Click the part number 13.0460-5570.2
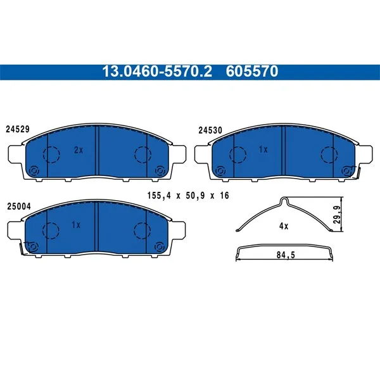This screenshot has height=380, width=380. pyautogui.click(x=157, y=72)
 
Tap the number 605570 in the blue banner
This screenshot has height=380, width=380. pyautogui.click(x=252, y=72)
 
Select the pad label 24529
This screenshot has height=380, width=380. pyautogui.click(x=18, y=129)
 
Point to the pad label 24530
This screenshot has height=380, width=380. pyautogui.click(x=210, y=130)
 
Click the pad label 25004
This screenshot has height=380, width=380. pyautogui.click(x=19, y=206)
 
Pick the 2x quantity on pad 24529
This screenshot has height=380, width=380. pyautogui.click(x=79, y=150)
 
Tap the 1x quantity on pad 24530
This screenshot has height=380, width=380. pyautogui.click(x=263, y=149)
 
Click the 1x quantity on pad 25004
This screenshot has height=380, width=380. pyautogui.click(x=76, y=225)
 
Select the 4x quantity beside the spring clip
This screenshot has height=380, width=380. pyautogui.click(x=284, y=226)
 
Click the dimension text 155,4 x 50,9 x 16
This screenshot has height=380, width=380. pyautogui.click(x=188, y=196)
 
